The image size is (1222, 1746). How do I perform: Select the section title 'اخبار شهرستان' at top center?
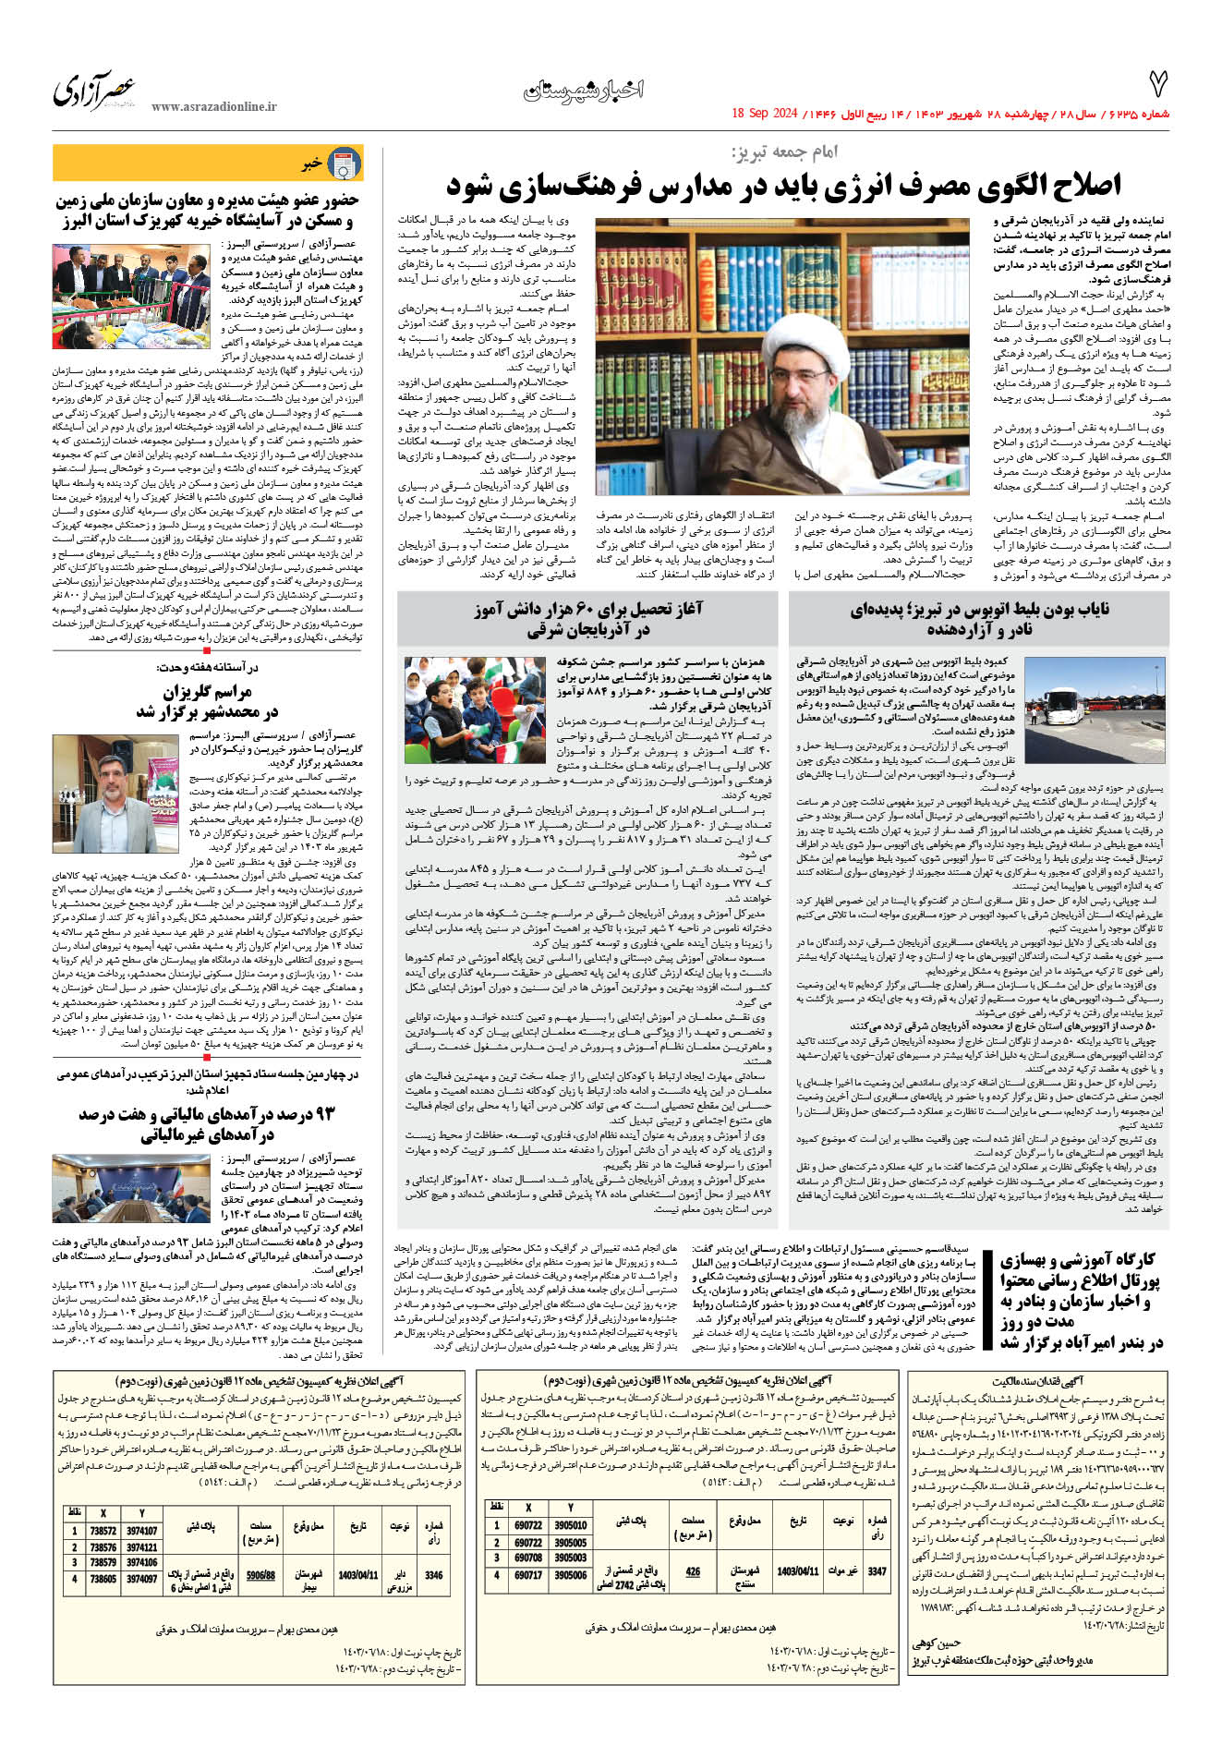(583, 90)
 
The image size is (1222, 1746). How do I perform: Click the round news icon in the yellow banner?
(345, 164)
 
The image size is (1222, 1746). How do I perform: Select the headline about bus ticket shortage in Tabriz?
(979, 619)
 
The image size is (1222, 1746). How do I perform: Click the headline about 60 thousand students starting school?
(587, 619)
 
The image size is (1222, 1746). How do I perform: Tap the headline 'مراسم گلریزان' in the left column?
(208, 692)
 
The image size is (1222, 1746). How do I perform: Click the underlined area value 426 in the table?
(693, 1570)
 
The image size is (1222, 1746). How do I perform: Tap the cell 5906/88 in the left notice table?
(260, 1575)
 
